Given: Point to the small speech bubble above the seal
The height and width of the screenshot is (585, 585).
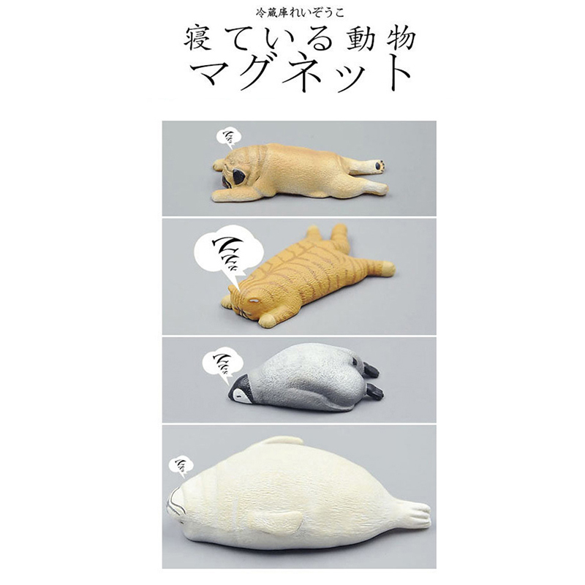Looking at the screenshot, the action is [x=181, y=467].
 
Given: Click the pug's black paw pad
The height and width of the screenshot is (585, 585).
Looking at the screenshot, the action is [x=380, y=165].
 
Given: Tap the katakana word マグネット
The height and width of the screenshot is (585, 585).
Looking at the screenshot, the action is [x=298, y=72].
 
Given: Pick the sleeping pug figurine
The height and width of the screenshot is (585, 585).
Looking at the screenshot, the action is [x=301, y=173].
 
